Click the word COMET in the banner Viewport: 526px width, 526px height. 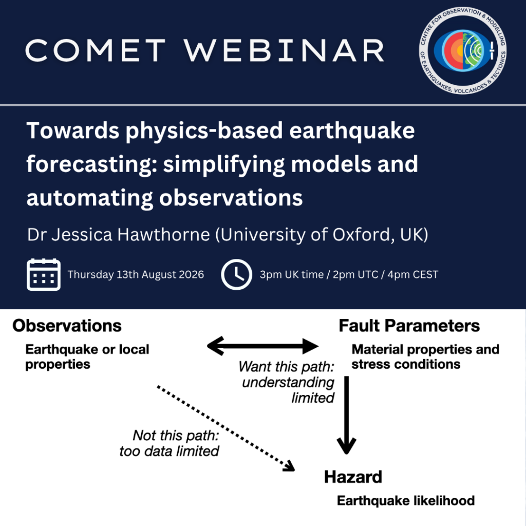95,50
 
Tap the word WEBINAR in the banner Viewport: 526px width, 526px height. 284,50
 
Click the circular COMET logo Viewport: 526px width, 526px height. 463,50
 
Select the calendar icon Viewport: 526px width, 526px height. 44,274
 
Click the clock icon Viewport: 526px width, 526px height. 236,274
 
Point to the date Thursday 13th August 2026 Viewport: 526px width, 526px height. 136,274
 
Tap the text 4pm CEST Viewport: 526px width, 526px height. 412,274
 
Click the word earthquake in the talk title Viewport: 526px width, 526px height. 352,131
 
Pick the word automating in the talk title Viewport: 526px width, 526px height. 89,198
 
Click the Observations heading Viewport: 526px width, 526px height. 67,326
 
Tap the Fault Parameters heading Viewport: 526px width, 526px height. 409,326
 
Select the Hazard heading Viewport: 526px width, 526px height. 353,477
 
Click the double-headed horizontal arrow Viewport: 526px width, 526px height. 262,346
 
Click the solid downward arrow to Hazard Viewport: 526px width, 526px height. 347,415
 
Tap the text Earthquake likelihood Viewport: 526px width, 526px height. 406,500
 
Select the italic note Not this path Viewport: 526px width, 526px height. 169,443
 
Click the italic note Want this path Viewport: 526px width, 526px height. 287,382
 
